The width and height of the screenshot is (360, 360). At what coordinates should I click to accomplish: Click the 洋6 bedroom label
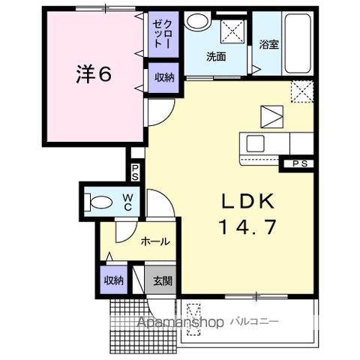coord(94,74)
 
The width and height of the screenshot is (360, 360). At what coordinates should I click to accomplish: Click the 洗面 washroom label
coord(217,55)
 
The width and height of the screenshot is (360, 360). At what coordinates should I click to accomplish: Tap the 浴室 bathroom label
coord(269,44)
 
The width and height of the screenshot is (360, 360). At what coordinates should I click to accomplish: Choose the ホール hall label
coord(155,241)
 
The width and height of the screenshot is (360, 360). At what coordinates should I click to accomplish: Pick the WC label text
coord(128,201)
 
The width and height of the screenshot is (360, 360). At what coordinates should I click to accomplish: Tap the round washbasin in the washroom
coord(197,21)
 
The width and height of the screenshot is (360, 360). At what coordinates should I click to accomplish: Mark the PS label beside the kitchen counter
coord(298,163)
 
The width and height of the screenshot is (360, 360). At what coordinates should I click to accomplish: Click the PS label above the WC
coord(136,172)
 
